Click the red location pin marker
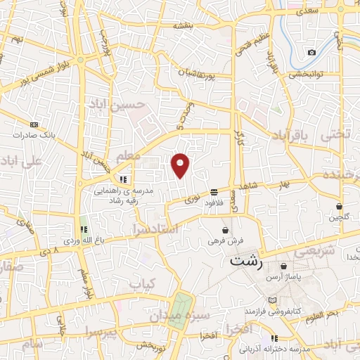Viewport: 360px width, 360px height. pos(181,165)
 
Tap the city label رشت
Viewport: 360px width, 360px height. pos(246,262)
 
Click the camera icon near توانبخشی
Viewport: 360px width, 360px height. pos(312,53)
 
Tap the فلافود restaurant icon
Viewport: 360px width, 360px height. pos(214,192)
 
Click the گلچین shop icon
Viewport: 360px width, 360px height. pos(340,207)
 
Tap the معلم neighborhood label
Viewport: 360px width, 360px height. pos(127,154)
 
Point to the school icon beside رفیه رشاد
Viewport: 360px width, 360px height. pos(124,179)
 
